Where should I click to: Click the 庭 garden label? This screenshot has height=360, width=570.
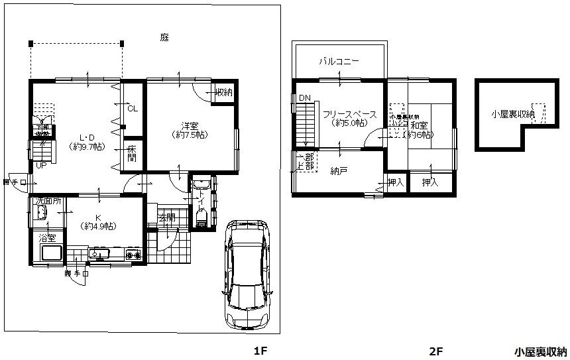tap(164, 38)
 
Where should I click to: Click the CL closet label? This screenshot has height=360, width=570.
tap(132, 108)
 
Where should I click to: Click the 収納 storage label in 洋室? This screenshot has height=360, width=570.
tap(223, 92)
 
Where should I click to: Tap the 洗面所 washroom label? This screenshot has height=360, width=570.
tap(48, 200)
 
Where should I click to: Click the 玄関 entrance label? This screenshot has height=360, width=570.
tap(166, 218)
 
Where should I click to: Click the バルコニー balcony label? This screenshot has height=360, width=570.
tap(338, 61)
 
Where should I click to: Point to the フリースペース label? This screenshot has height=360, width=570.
tap(349, 114)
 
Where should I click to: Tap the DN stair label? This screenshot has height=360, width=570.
tap(304, 98)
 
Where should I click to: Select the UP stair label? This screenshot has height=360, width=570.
tap(40, 165)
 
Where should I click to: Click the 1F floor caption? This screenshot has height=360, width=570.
tap(260, 351)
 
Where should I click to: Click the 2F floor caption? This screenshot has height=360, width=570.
tap(435, 351)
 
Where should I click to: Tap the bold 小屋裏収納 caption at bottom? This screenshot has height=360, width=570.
tap(540, 351)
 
